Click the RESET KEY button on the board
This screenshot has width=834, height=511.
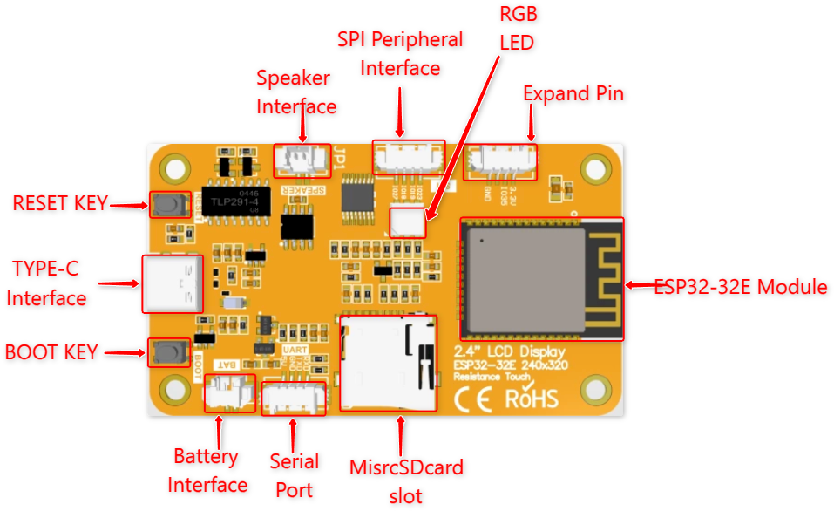click(x=170, y=205)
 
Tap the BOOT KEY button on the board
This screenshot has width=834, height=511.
click(x=169, y=352)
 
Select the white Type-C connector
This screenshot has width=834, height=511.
click(x=172, y=283)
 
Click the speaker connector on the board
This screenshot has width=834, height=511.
click(x=302, y=158)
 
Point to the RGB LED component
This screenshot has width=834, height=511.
click(x=408, y=221)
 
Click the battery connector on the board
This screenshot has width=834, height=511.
click(x=229, y=394)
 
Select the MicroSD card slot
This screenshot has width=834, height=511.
click(x=388, y=362)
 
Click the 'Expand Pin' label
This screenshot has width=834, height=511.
click(x=573, y=93)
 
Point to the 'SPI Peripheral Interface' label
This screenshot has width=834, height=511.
click(x=400, y=53)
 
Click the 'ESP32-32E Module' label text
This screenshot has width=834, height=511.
click(x=741, y=287)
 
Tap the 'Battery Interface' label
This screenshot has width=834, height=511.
click(x=207, y=471)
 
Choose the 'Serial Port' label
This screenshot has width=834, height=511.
click(x=294, y=474)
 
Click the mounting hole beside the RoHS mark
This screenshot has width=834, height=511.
click(x=596, y=387)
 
